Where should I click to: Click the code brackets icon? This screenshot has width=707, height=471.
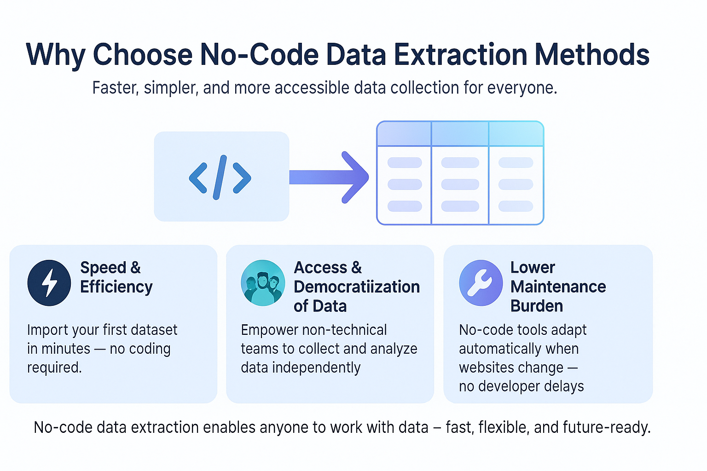point(220,177)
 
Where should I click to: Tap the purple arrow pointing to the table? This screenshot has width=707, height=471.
point(330,177)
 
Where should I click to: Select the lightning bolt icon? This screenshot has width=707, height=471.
point(49,282)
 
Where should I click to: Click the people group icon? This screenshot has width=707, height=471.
point(263,282)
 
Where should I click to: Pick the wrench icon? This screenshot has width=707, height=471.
point(481,282)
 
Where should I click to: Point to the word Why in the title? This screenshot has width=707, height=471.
point(55,55)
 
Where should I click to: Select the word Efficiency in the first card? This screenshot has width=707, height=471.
point(116,287)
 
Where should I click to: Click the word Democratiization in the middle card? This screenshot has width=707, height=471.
point(357,287)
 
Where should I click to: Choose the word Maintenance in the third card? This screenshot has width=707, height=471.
point(558,287)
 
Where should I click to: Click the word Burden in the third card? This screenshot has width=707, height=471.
point(537,306)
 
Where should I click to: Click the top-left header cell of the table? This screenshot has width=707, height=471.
point(404,134)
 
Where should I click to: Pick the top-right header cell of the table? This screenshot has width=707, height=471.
point(516,134)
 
